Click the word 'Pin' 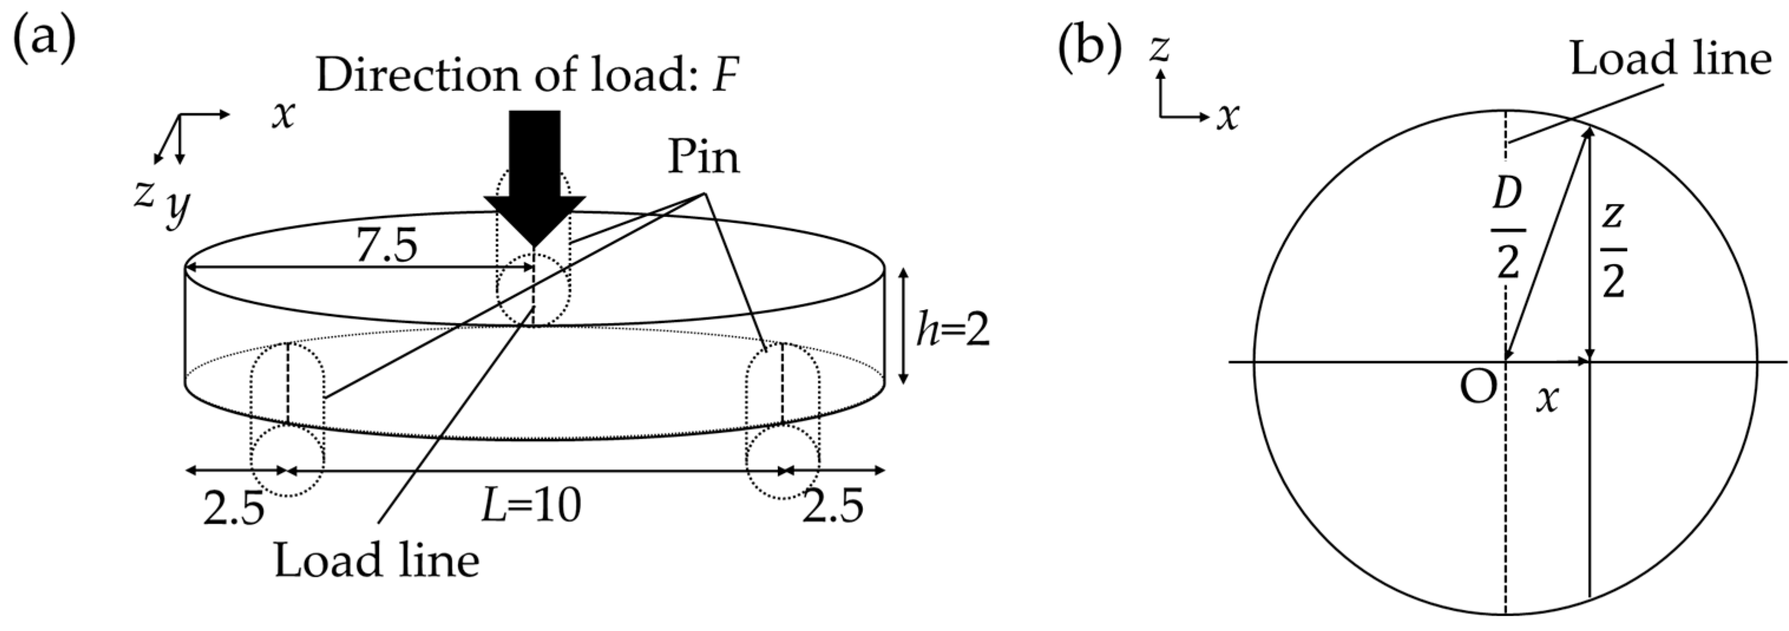tap(703, 157)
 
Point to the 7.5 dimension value tap(387, 246)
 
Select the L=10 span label tap(532, 505)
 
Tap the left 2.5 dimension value tap(234, 508)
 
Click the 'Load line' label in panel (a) tap(376, 561)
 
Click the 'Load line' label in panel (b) tap(1670, 59)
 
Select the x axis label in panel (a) tap(283, 114)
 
